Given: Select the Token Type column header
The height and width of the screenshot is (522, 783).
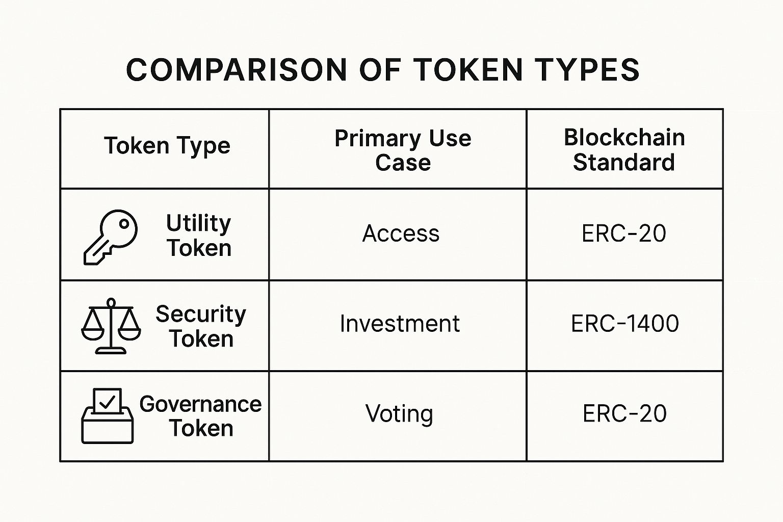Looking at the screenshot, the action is [167, 146].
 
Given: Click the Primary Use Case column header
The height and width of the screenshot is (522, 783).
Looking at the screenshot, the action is [403, 150].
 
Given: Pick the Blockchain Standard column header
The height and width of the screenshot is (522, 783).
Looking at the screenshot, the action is [624, 150].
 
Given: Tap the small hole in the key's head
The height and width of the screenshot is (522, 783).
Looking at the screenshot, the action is [124, 224].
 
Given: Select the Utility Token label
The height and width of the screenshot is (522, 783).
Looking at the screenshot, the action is [198, 236].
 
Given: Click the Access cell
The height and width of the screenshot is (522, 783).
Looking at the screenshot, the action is [401, 233].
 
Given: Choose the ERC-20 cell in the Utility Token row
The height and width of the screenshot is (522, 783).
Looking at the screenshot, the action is [624, 233].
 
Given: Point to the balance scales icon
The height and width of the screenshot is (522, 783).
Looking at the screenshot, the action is [111, 326].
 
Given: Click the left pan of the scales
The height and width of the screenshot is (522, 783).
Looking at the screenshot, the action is [93, 334].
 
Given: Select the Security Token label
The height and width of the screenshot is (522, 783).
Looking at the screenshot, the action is [201, 326].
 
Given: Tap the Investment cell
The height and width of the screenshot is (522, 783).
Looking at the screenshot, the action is [400, 324].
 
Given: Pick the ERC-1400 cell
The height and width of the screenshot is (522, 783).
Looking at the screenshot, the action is [624, 324].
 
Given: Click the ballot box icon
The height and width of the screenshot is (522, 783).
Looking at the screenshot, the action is [108, 416].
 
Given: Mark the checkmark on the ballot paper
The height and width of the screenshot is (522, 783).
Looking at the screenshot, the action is [107, 402].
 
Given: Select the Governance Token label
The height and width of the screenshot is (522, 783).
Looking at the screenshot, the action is [201, 416].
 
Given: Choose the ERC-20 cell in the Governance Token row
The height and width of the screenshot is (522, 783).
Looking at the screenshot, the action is [624, 413].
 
